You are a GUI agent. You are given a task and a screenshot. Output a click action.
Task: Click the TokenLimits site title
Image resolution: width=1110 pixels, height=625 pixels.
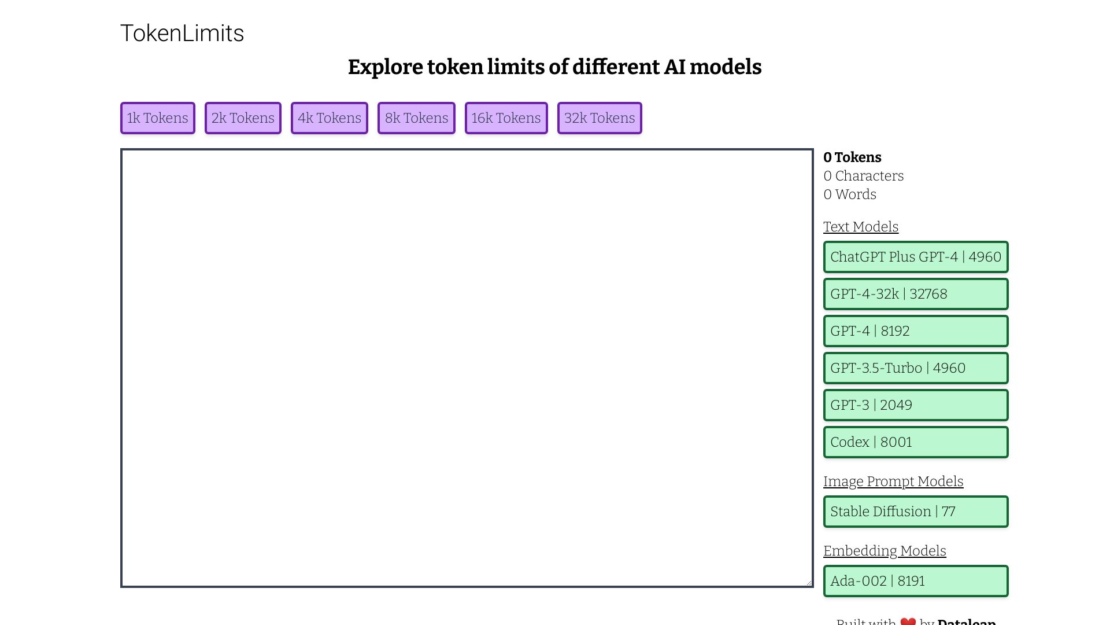(182, 34)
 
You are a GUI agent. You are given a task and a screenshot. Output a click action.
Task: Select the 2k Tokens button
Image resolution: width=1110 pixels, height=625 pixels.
(243, 118)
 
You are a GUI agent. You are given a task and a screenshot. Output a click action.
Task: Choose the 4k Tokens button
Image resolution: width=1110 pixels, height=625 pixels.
(330, 118)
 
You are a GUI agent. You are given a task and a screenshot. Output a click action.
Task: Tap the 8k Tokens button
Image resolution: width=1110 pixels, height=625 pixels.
(416, 118)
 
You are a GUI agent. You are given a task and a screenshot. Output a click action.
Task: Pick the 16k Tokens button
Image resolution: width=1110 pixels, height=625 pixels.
(506, 118)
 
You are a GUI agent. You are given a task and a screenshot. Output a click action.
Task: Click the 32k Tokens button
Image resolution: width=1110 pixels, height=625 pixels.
(600, 118)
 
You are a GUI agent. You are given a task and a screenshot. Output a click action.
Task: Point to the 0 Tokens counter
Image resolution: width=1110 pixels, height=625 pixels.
(852, 157)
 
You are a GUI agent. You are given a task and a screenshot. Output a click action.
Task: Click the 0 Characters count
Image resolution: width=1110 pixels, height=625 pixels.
(863, 176)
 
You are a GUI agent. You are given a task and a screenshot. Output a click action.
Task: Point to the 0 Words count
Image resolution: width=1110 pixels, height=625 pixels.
(850, 194)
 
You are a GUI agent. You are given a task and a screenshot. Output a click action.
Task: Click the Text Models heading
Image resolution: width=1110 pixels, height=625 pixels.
(861, 227)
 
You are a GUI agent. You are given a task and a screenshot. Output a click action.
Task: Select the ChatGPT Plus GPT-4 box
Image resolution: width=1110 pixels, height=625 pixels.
(916, 257)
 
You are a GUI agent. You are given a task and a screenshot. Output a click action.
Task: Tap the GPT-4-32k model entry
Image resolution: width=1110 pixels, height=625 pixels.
(916, 294)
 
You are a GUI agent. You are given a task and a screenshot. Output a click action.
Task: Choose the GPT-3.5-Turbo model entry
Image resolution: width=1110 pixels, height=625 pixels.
(916, 368)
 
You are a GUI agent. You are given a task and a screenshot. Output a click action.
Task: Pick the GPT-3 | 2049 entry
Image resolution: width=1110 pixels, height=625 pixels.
(916, 405)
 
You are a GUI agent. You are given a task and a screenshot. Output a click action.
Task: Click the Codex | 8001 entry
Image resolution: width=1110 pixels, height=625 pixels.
(916, 442)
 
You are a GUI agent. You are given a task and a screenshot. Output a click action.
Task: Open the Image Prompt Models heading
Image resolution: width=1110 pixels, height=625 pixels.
(893, 481)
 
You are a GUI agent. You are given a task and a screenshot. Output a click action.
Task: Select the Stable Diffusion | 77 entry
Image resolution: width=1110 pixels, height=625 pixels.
(916, 512)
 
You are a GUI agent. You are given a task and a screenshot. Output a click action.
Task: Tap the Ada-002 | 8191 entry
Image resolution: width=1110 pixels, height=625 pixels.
(916, 581)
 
